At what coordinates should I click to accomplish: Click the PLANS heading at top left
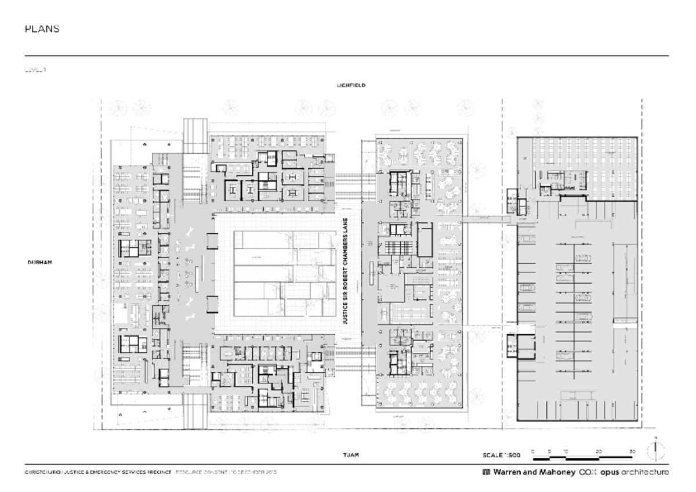[x=42, y=29]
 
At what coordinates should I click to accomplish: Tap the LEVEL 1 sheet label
[x=35, y=70]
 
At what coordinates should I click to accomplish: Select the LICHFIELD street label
[x=351, y=85]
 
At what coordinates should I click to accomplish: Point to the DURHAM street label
[x=40, y=262]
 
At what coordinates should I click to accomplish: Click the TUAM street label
[x=351, y=455]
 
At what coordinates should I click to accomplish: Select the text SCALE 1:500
[x=502, y=455]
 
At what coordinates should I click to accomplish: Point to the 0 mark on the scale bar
[x=532, y=450]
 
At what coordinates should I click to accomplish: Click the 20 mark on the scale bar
[x=599, y=450]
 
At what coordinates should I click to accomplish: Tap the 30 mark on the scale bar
[x=632, y=450]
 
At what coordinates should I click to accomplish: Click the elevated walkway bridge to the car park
[x=486, y=219]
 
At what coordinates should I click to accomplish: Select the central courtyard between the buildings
[x=278, y=273]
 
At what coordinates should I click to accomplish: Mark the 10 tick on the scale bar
[x=565, y=450]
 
